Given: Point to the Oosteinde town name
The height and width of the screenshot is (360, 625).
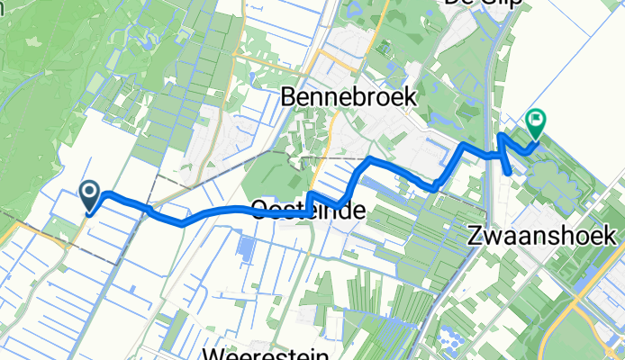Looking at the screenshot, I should pyautogui.click(x=308, y=211).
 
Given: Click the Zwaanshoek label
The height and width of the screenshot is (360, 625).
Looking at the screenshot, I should pyautogui.click(x=542, y=236).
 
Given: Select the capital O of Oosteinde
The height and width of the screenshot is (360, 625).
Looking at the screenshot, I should pyautogui.click(x=261, y=211).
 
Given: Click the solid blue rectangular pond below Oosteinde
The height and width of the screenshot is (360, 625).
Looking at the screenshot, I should pyautogui.click(x=243, y=246).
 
